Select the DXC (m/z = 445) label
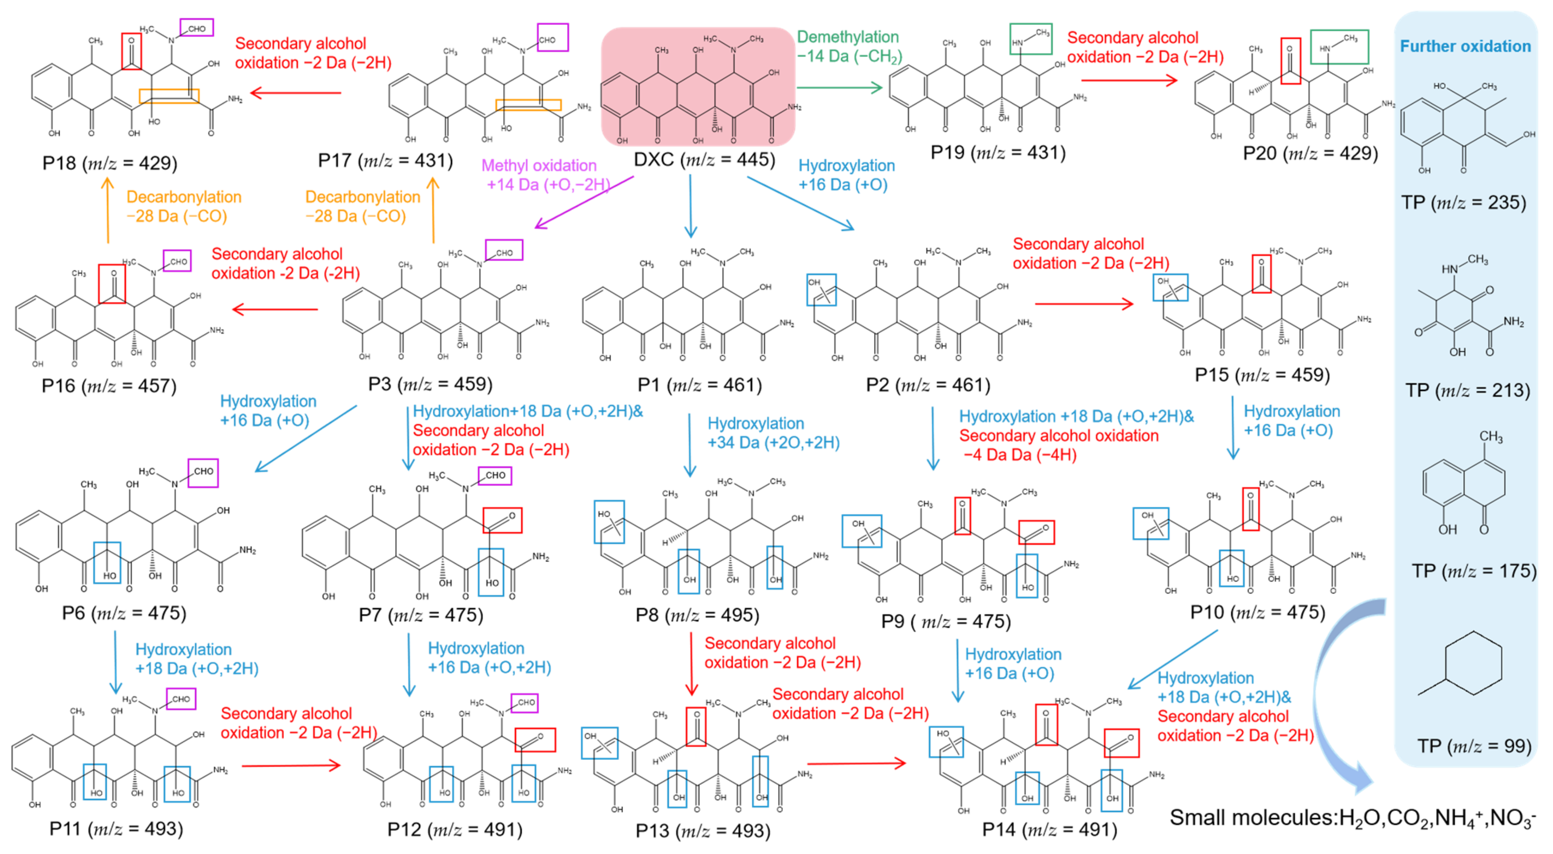tap(704, 160)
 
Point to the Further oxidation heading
tap(1465, 46)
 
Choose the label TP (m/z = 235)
tap(1464, 203)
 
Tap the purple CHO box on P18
tap(197, 28)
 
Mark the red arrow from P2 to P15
tap(1084, 304)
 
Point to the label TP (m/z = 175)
tap(1474, 571)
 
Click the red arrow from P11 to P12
tap(291, 766)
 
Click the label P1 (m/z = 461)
tap(699, 385)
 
